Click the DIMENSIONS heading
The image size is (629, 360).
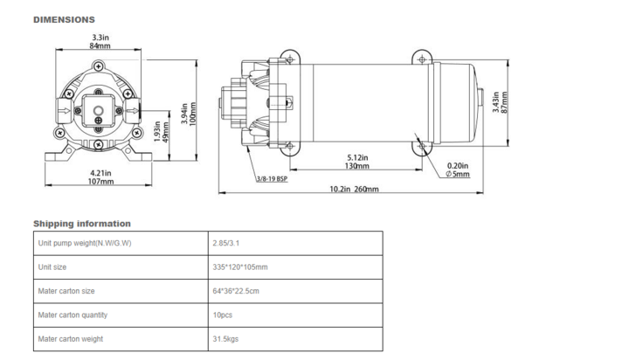[64, 19]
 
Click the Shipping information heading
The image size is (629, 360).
[81, 224]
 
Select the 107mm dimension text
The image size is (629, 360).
[101, 182]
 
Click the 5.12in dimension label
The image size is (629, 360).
[356, 157]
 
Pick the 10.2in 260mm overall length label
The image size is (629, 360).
[354, 189]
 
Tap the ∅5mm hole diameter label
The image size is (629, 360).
[457, 174]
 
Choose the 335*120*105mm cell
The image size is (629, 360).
[239, 267]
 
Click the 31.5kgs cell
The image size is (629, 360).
[226, 338]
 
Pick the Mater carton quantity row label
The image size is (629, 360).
[73, 315]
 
